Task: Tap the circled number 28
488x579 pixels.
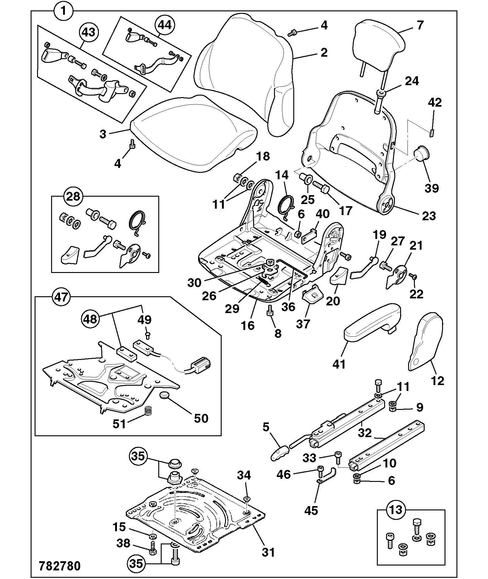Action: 73,196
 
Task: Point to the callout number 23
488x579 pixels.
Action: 429,216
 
